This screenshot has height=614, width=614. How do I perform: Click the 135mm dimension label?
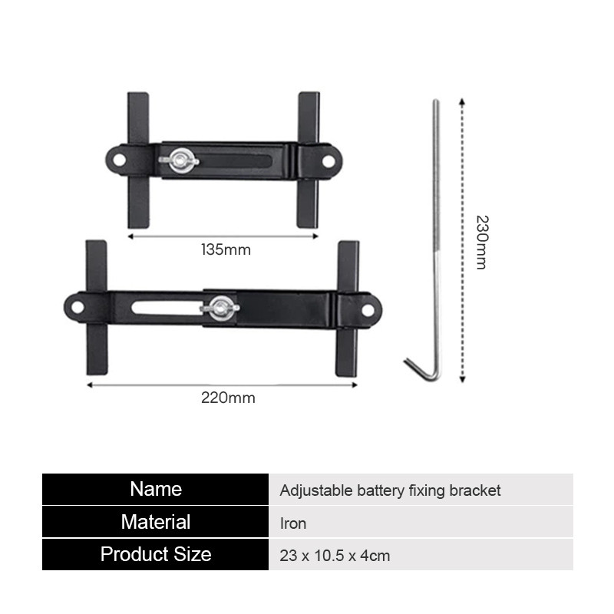(226, 250)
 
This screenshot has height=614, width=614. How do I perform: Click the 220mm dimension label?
(228, 398)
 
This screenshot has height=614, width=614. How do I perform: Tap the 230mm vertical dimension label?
(482, 243)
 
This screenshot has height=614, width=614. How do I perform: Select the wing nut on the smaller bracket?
(179, 160)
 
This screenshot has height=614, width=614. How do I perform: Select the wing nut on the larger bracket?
(220, 309)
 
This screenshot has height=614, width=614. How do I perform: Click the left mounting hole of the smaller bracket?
(119, 160)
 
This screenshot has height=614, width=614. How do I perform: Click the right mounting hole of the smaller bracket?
(328, 161)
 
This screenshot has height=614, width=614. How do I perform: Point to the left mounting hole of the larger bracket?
(78, 308)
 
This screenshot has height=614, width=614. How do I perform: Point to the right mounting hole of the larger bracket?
(368, 310)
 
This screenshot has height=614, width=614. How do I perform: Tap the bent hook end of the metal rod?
(419, 371)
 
